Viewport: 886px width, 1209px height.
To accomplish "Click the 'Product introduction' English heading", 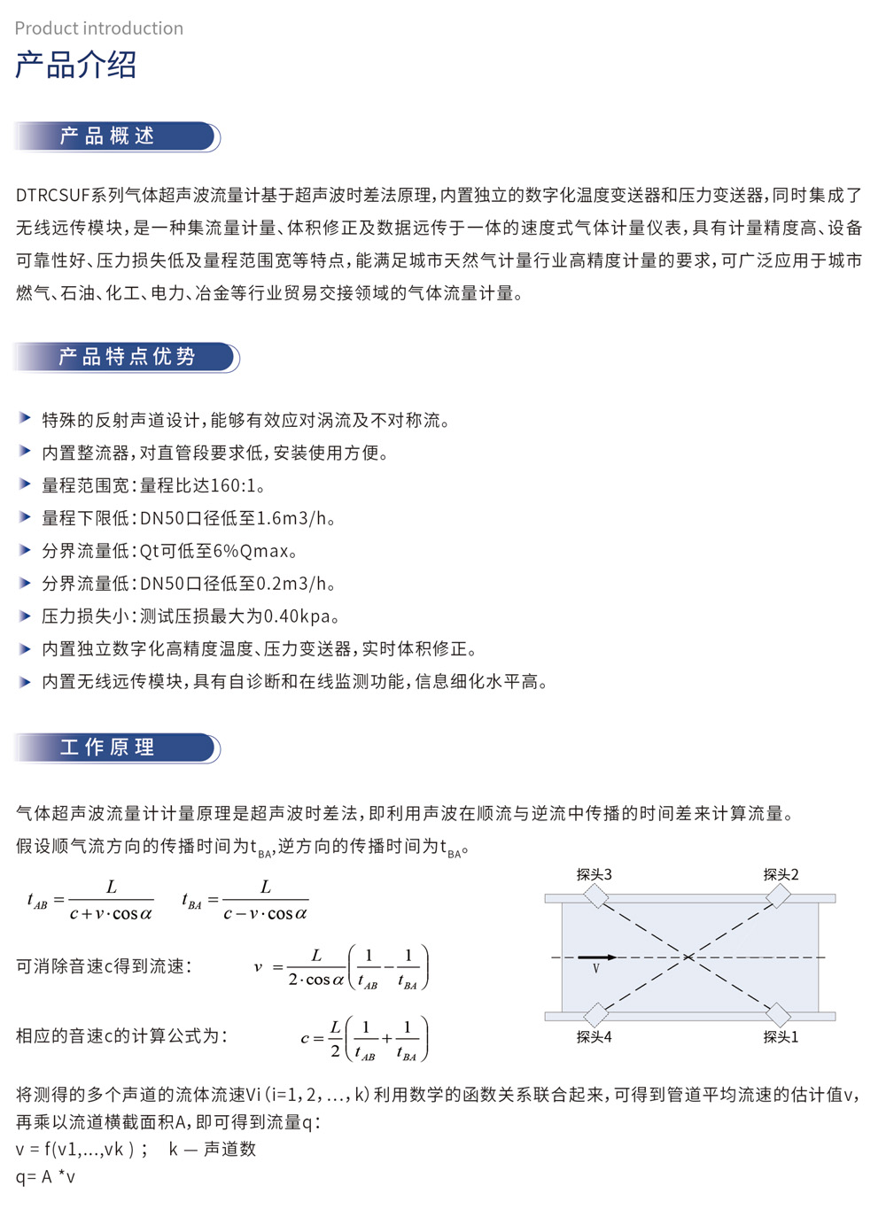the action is tap(99, 28).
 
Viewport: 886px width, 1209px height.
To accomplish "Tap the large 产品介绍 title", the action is tap(76, 66).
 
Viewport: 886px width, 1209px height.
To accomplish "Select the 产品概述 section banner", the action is tap(115, 136).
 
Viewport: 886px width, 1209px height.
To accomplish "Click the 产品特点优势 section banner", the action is tap(126, 357).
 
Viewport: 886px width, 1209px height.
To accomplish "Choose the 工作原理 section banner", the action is tap(115, 748).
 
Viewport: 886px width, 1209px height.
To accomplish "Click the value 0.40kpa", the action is tap(297, 616).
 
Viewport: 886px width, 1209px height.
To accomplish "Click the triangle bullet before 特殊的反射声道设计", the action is tap(25, 419).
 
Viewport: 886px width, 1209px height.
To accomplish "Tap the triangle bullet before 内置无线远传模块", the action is tap(25, 681).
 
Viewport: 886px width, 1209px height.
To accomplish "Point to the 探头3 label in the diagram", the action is tap(594, 875).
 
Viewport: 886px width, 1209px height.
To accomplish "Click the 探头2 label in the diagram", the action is tap(781, 875).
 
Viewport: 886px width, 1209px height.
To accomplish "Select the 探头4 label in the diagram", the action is tap(594, 1037).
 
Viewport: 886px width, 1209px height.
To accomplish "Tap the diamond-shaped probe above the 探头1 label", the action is tap(778, 1014).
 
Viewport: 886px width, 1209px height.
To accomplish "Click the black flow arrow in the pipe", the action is tap(596, 957).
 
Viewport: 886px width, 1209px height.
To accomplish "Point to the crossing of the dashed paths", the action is tap(688, 957).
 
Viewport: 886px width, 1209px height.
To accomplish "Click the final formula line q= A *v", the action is tap(46, 1177).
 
